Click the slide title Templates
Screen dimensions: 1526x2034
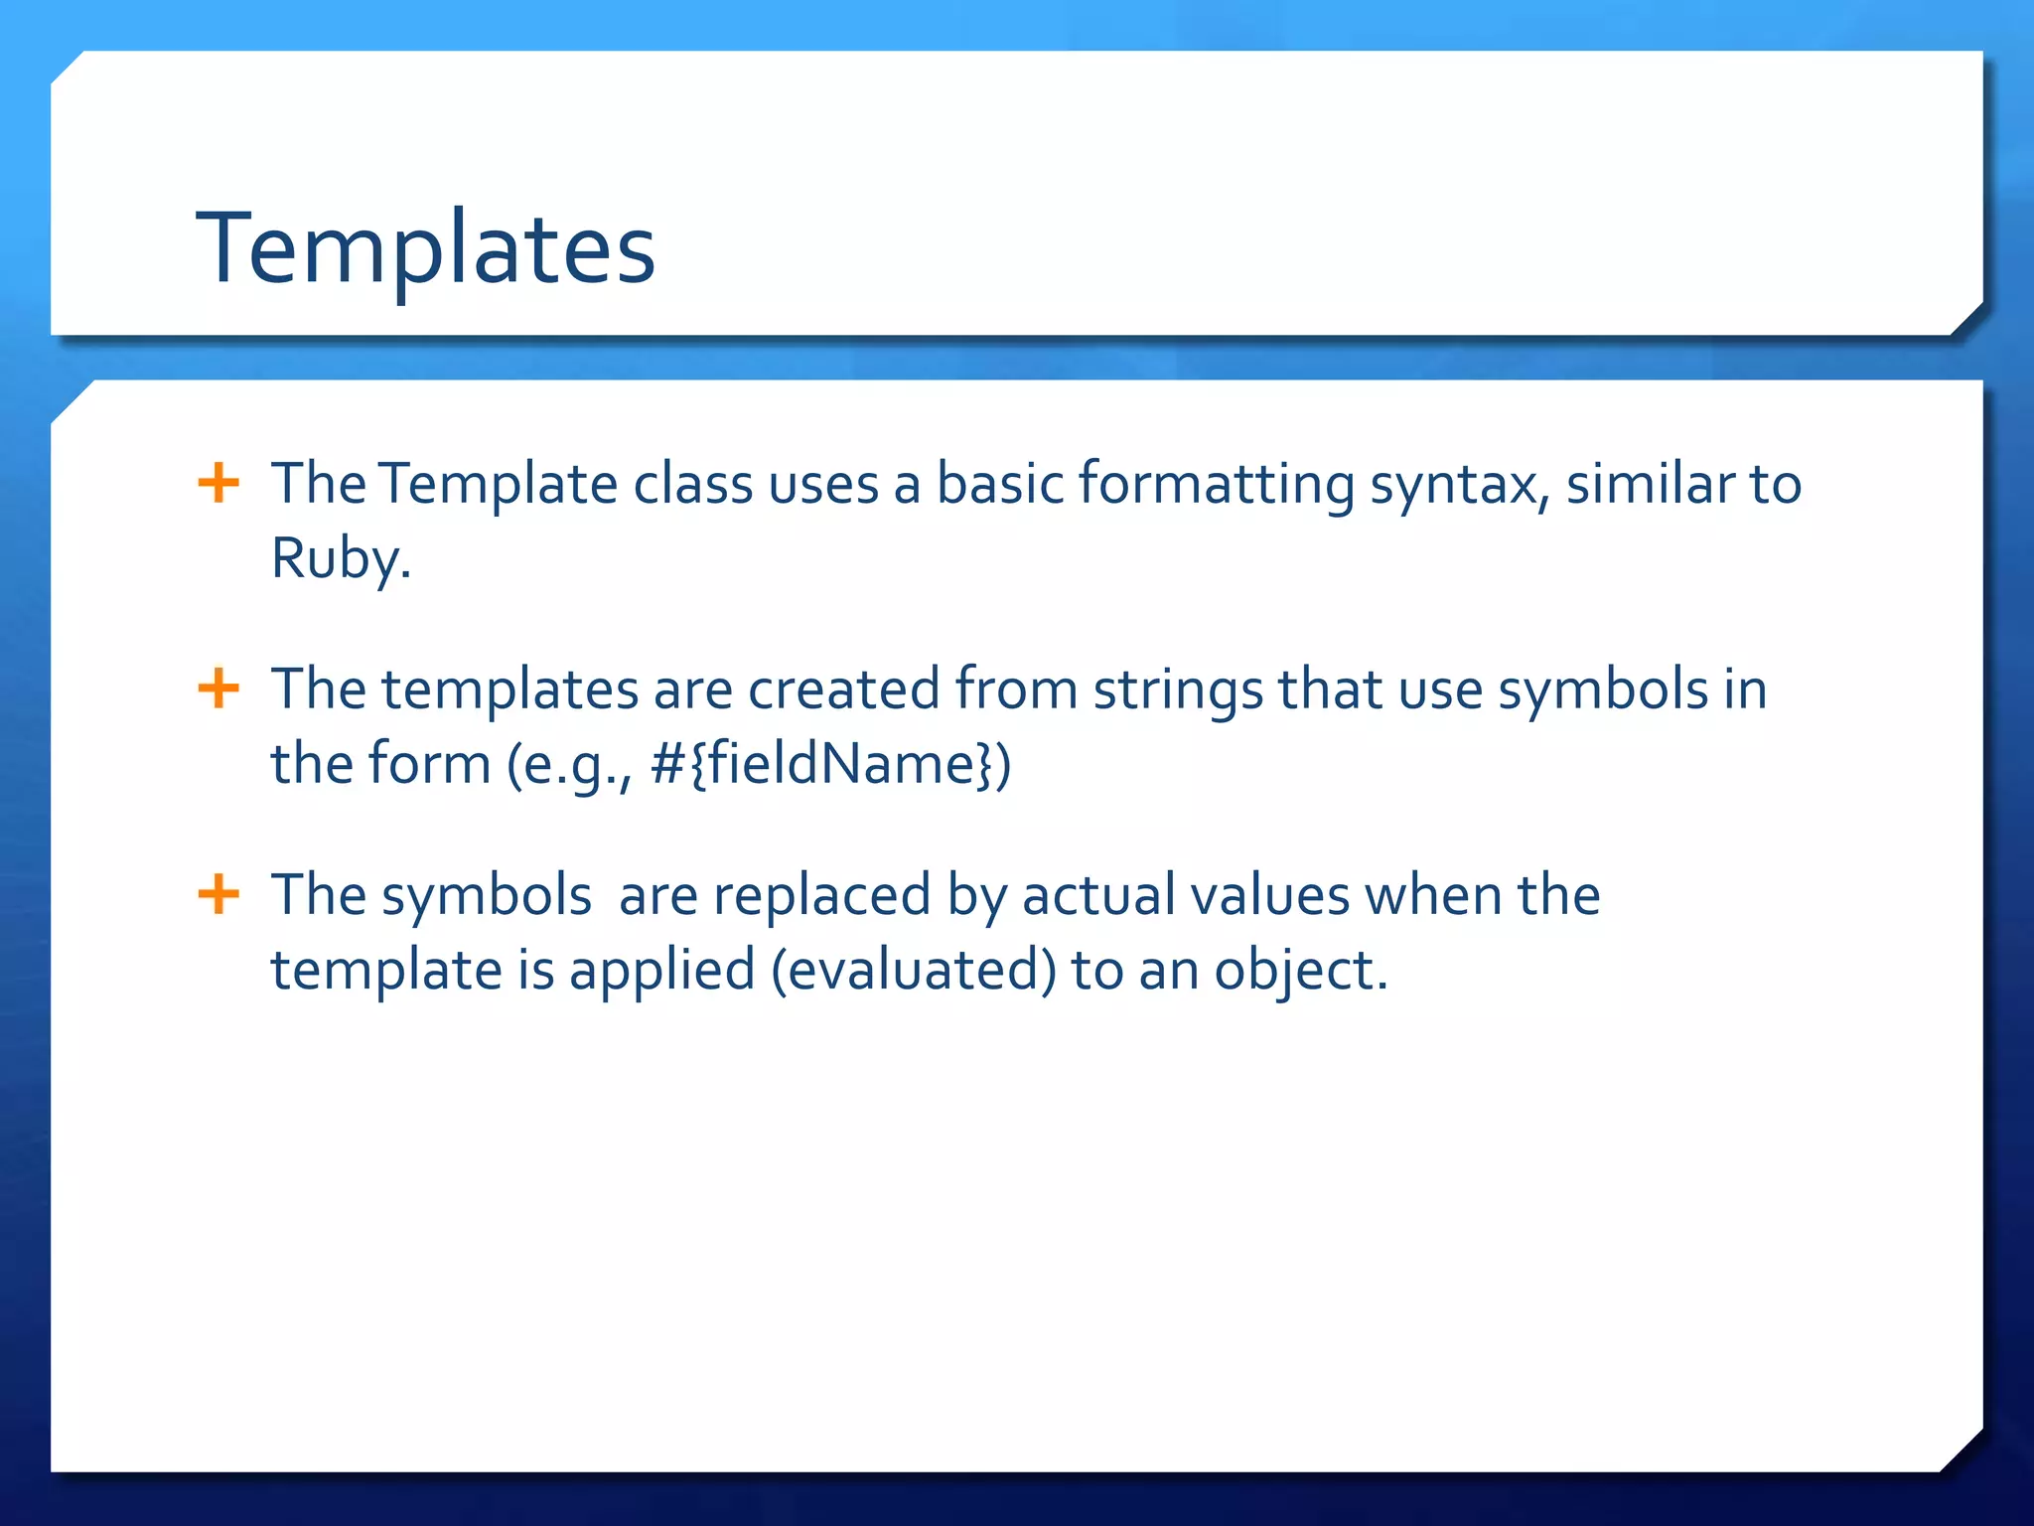click(x=425, y=248)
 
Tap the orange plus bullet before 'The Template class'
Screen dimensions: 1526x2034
click(x=218, y=484)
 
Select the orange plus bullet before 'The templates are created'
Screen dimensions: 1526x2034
click(x=218, y=688)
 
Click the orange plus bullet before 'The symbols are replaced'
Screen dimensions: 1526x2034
click(x=218, y=894)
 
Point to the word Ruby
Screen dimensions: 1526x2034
click(x=340, y=558)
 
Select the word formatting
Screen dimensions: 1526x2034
click(x=1216, y=485)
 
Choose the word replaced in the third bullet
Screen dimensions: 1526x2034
click(x=821, y=895)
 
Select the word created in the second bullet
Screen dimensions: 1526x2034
click(x=843, y=689)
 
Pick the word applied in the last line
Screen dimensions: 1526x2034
click(x=661, y=971)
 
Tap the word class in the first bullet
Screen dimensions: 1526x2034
click(x=693, y=485)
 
